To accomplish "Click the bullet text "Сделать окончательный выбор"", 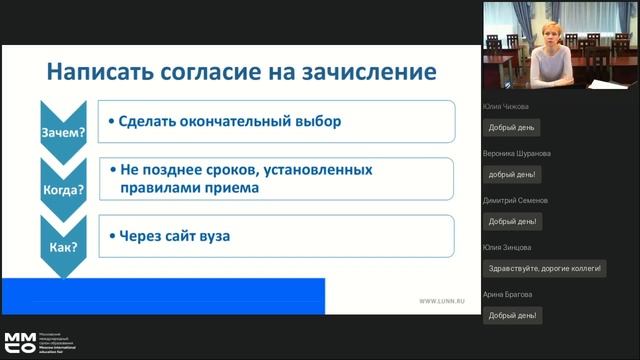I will [x=230, y=123].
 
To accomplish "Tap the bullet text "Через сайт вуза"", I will [x=175, y=237].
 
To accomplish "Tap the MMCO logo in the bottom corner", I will [x=19, y=342].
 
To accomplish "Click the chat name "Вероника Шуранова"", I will [x=516, y=153].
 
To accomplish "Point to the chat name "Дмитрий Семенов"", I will [x=513, y=200].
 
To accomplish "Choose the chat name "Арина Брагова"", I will [x=508, y=294].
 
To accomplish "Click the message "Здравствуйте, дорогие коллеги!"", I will [x=543, y=268].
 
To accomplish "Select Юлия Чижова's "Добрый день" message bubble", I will [x=512, y=127].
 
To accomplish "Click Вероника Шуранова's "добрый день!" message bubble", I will [x=513, y=174].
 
